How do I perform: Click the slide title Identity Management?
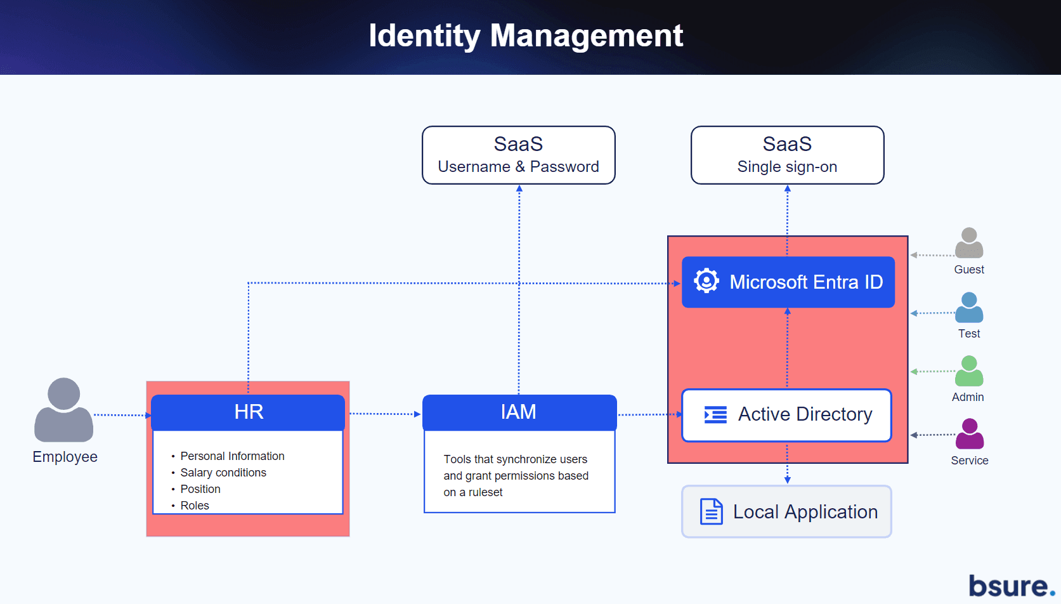(x=526, y=36)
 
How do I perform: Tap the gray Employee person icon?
(x=63, y=410)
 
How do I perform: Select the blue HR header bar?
(x=248, y=412)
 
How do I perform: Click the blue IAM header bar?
(x=519, y=412)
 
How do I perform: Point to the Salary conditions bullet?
(x=223, y=473)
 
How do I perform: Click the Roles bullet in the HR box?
(x=194, y=506)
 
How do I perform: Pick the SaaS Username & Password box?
(x=519, y=155)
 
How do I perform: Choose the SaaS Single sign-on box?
(x=787, y=155)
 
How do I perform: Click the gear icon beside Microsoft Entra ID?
(x=706, y=281)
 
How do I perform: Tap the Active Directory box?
(x=786, y=415)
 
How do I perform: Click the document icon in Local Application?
(x=711, y=511)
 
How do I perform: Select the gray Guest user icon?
(x=969, y=242)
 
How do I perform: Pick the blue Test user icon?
(x=969, y=307)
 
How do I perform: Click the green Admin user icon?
(x=969, y=371)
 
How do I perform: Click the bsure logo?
(x=1012, y=586)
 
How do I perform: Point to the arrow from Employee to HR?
(x=122, y=415)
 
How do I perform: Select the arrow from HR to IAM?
(x=385, y=414)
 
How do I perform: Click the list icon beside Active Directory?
(x=715, y=414)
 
